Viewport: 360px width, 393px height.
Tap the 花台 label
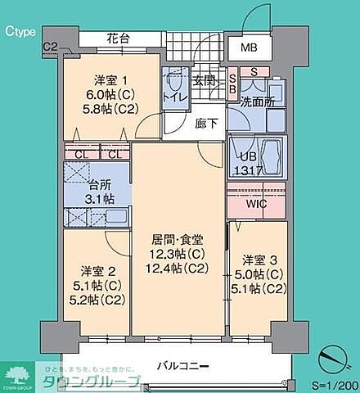[x=119, y=38]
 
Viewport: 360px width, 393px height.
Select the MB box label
[x=248, y=47]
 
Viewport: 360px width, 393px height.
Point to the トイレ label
[x=175, y=97]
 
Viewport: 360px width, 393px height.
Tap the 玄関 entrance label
[x=204, y=80]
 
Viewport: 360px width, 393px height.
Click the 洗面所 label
[x=256, y=102]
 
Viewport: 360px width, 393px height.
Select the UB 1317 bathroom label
[x=250, y=162]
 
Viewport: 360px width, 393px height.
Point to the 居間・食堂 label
[x=178, y=240]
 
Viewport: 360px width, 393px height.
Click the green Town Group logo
[x=16, y=373]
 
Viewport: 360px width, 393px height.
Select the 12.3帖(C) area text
[x=178, y=255]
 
